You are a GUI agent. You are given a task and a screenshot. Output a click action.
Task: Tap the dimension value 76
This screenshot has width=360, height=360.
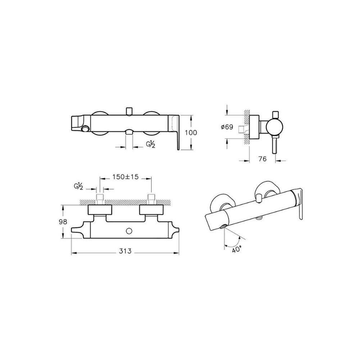click(262, 159)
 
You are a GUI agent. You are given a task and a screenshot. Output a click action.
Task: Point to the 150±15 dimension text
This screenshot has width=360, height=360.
click(125, 178)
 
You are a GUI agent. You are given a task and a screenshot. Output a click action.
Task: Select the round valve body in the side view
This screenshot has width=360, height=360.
click(274, 127)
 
